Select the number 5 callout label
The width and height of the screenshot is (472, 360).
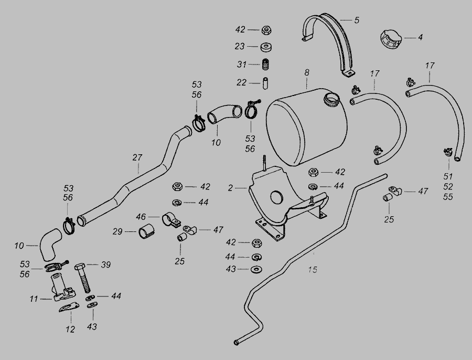click(x=357, y=20)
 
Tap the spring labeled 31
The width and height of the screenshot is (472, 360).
click(x=265, y=64)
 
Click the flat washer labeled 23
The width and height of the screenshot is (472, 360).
click(x=266, y=47)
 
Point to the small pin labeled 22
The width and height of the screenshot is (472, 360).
click(x=265, y=83)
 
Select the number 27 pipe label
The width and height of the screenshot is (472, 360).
click(x=137, y=157)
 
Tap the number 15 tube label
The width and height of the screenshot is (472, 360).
click(x=313, y=269)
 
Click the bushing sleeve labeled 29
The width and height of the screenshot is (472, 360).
click(x=146, y=231)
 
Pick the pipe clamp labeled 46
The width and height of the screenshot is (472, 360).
click(x=170, y=219)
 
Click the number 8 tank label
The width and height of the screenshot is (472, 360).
click(x=307, y=72)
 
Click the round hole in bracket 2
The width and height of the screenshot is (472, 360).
click(x=277, y=197)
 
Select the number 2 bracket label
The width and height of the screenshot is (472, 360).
click(x=231, y=188)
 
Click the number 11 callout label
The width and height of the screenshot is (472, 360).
click(x=34, y=299)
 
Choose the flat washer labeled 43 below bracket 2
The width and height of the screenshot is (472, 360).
click(x=256, y=269)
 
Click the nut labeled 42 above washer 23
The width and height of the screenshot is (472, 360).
click(x=266, y=30)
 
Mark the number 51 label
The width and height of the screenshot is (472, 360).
click(x=448, y=176)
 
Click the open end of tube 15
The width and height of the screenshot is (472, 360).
click(x=237, y=343)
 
